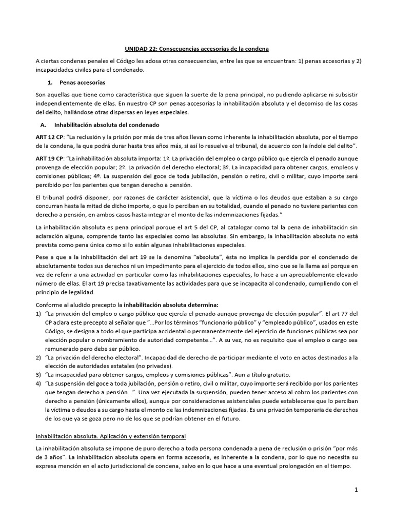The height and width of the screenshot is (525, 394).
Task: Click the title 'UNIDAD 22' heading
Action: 197,49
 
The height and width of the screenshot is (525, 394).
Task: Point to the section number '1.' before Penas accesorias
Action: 50,82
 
